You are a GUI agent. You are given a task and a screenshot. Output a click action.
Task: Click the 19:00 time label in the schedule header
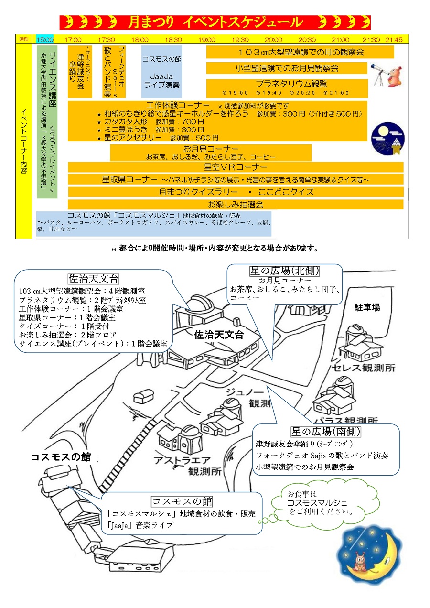pos(206,40)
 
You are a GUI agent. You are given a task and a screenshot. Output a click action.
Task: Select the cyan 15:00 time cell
pos(45,40)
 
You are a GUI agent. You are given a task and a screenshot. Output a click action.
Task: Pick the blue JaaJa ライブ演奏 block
pos(161,72)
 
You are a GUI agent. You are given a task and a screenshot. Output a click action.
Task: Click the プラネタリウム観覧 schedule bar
pos(287,88)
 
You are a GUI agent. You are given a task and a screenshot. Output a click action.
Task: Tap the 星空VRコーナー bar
pos(236,167)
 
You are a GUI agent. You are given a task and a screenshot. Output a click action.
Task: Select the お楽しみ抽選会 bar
pos(236,205)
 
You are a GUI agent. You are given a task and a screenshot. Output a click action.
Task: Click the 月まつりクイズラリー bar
pos(236,192)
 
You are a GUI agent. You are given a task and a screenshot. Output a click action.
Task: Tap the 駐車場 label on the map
pos(367,307)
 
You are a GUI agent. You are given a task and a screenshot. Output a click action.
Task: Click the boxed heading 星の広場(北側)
pos(284,271)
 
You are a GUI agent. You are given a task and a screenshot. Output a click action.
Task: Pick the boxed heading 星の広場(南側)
pos(326,432)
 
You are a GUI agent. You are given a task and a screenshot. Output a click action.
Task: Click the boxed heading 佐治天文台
pos(93,279)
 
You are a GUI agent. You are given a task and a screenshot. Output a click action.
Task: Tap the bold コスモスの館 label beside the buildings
pos(61,457)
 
